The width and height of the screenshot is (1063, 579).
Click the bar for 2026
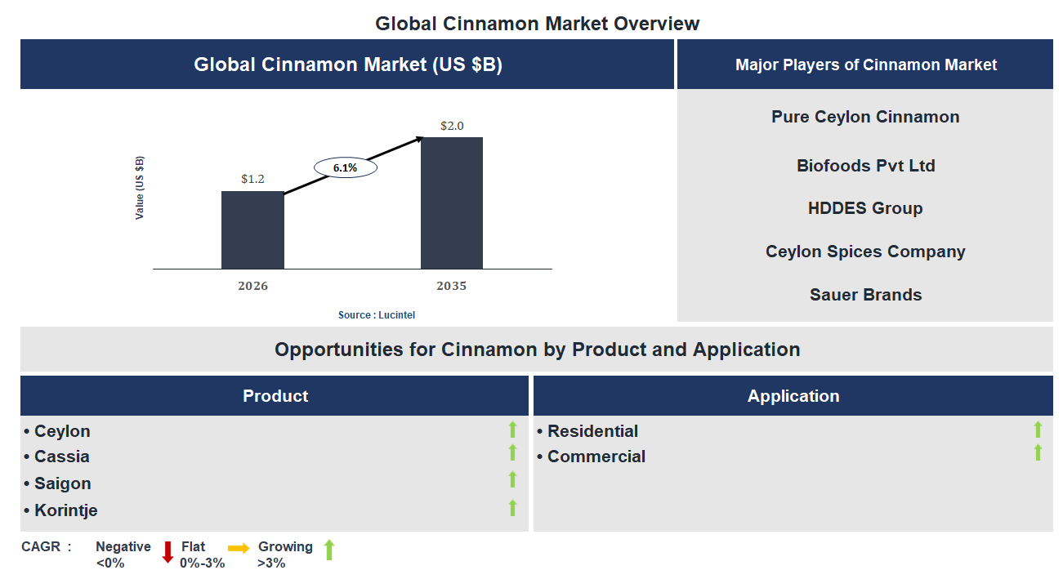coord(252,230)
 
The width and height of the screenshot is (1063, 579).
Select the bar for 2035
coord(451,203)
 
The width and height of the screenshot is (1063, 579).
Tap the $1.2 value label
coord(252,178)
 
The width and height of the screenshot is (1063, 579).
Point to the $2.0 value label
coord(451,126)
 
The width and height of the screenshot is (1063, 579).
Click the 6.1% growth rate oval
coord(346,167)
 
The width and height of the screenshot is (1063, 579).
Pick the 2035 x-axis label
coord(451,286)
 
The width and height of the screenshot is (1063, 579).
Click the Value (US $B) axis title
coord(140,187)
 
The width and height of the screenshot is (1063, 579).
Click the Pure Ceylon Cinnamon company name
coord(865,117)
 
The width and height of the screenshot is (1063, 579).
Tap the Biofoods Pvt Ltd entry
coord(865,166)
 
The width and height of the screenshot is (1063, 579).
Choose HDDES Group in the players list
coord(865,208)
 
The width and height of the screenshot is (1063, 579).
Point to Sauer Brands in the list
coord(865,295)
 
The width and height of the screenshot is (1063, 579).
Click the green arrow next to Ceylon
coord(512,430)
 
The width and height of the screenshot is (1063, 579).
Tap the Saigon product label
coord(62,483)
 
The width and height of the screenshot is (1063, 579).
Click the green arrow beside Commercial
coord(1038,452)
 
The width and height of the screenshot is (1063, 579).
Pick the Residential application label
coord(592,431)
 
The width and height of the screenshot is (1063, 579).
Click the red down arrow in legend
coord(167,552)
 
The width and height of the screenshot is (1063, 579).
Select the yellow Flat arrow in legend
coord(239,548)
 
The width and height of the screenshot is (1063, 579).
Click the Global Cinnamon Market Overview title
coord(537,24)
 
